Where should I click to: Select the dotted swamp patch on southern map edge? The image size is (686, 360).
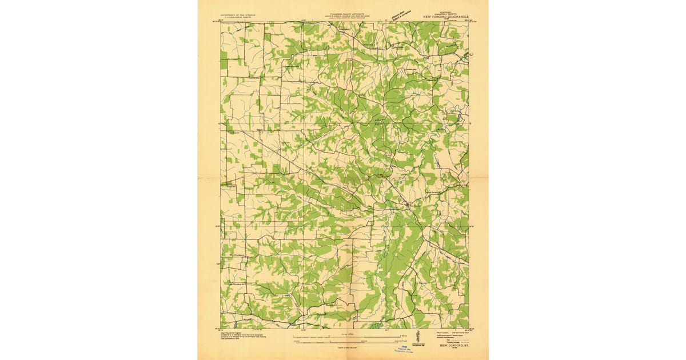pos(375,326)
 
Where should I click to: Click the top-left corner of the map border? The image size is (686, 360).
pos(221,22)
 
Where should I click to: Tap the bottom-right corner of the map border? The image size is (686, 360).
pos(468,329)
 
